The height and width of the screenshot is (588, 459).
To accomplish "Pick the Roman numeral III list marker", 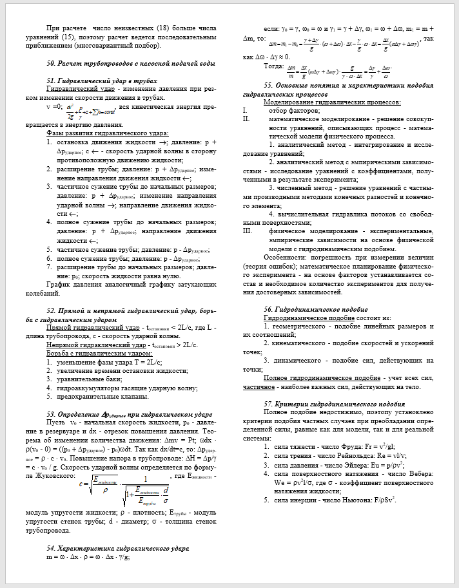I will [x=246, y=230].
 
